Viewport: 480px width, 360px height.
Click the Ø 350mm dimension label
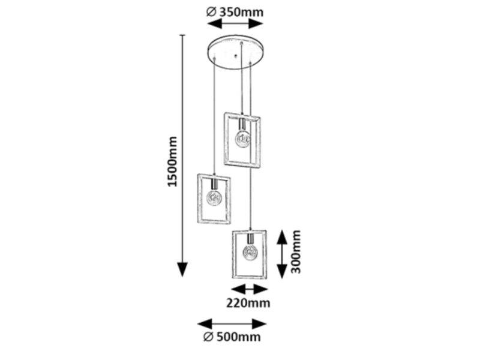235,12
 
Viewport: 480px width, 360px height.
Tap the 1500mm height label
173,161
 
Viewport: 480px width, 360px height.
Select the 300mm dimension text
296,251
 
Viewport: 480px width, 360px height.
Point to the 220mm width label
248,303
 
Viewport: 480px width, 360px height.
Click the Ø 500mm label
232,337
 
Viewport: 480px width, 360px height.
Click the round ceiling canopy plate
236,52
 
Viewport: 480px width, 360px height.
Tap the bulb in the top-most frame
242,139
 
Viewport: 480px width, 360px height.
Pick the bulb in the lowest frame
250,253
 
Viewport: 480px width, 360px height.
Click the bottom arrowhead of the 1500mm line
183,269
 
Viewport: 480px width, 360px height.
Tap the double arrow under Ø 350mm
235,23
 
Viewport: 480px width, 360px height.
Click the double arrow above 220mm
250,289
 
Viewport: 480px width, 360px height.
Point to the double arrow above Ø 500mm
232,324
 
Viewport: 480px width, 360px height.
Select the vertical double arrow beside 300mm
282,254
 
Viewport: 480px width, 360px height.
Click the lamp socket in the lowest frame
250,239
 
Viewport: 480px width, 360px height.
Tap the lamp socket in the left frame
214,184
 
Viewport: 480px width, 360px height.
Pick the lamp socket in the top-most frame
242,125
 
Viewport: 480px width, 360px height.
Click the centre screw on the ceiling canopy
235,56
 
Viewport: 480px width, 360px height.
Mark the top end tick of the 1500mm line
183,35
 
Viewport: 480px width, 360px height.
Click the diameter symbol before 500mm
208,337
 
